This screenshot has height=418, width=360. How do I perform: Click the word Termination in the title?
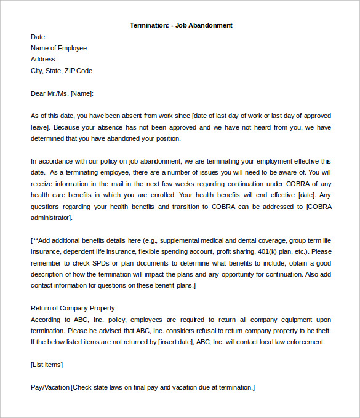click(149, 25)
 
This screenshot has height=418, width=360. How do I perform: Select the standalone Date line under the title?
click(38, 37)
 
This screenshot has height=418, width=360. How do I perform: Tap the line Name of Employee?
click(58, 48)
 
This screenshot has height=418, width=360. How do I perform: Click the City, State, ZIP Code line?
click(62, 71)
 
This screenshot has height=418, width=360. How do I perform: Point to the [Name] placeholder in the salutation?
click(82, 93)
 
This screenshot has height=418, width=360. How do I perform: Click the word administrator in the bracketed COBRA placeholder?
click(52, 218)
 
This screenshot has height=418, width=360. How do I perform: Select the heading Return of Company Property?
click(73, 308)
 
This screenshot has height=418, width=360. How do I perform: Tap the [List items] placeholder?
click(46, 365)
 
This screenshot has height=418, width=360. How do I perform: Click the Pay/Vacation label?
click(50, 387)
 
